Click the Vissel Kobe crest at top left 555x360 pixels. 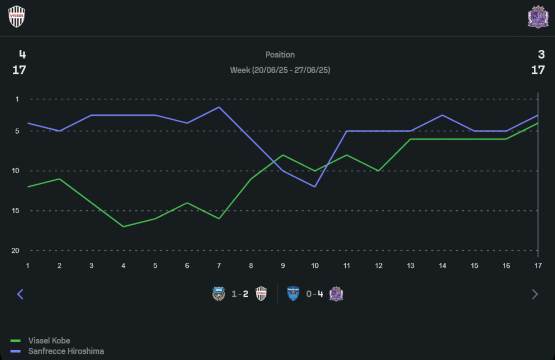[x=17, y=17]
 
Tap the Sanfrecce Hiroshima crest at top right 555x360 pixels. [x=537, y=17]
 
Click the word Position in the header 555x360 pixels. [x=280, y=54]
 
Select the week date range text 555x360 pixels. [x=280, y=70]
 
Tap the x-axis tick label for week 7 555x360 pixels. [x=219, y=266]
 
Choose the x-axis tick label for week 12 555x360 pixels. [x=379, y=266]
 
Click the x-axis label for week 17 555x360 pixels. [x=538, y=266]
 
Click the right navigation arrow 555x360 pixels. [x=535, y=294]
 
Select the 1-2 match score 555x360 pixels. [x=240, y=294]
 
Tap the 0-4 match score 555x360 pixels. [x=314, y=294]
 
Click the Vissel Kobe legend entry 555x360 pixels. [x=49, y=341]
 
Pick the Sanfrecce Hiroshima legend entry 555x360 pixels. [x=65, y=351]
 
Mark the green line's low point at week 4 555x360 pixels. [x=123, y=226]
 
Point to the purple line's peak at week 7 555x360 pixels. [x=219, y=107]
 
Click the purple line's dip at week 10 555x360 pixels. [x=315, y=186]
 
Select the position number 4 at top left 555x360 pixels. [x=22, y=54]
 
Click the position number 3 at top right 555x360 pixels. [x=541, y=54]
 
